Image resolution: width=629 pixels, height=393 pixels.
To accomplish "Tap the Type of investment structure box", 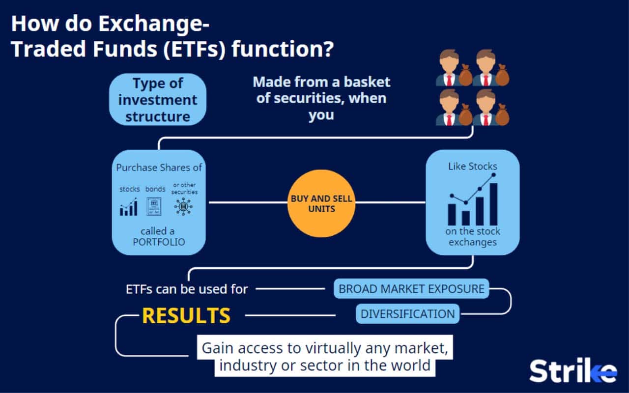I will pyautogui.click(x=157, y=100).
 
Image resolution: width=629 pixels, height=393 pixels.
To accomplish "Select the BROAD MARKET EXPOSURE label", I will pyautogui.click(x=411, y=288).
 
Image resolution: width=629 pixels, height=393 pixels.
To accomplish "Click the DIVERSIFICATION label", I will pyautogui.click(x=407, y=313).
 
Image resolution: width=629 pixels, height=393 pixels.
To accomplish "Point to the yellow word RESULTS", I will pyautogui.click(x=186, y=316).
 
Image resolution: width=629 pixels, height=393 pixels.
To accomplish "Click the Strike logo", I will pyautogui.click(x=572, y=371).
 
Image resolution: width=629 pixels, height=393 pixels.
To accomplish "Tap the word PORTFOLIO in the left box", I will pyautogui.click(x=159, y=242).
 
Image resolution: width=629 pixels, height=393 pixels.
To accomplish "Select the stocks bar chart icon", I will pyautogui.click(x=129, y=208).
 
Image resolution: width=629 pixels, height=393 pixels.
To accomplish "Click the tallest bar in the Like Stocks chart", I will pyautogui.click(x=493, y=204).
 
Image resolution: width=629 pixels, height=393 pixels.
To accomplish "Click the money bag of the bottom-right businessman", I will pyautogui.click(x=502, y=115).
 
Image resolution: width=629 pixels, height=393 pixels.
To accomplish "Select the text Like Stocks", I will pyautogui.click(x=472, y=167).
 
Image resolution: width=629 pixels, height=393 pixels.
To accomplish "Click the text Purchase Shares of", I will pyautogui.click(x=159, y=168).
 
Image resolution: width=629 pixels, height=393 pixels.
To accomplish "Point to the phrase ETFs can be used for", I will pyautogui.click(x=187, y=289).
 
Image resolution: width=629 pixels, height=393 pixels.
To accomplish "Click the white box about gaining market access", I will pyautogui.click(x=325, y=357).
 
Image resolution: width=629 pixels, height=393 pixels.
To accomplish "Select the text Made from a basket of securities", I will pyautogui.click(x=321, y=90).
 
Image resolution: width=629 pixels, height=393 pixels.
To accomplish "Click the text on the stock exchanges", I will pyautogui.click(x=472, y=236).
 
